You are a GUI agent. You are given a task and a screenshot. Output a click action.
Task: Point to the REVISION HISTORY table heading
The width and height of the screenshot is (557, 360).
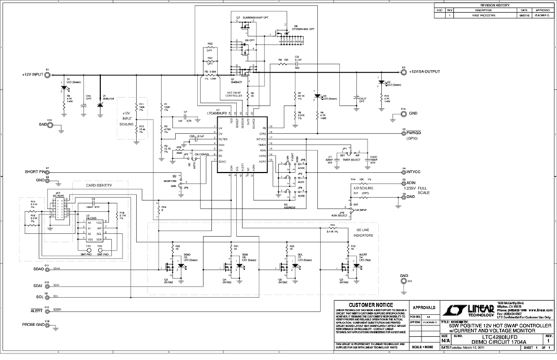pyautogui.click(x=494, y=4)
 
